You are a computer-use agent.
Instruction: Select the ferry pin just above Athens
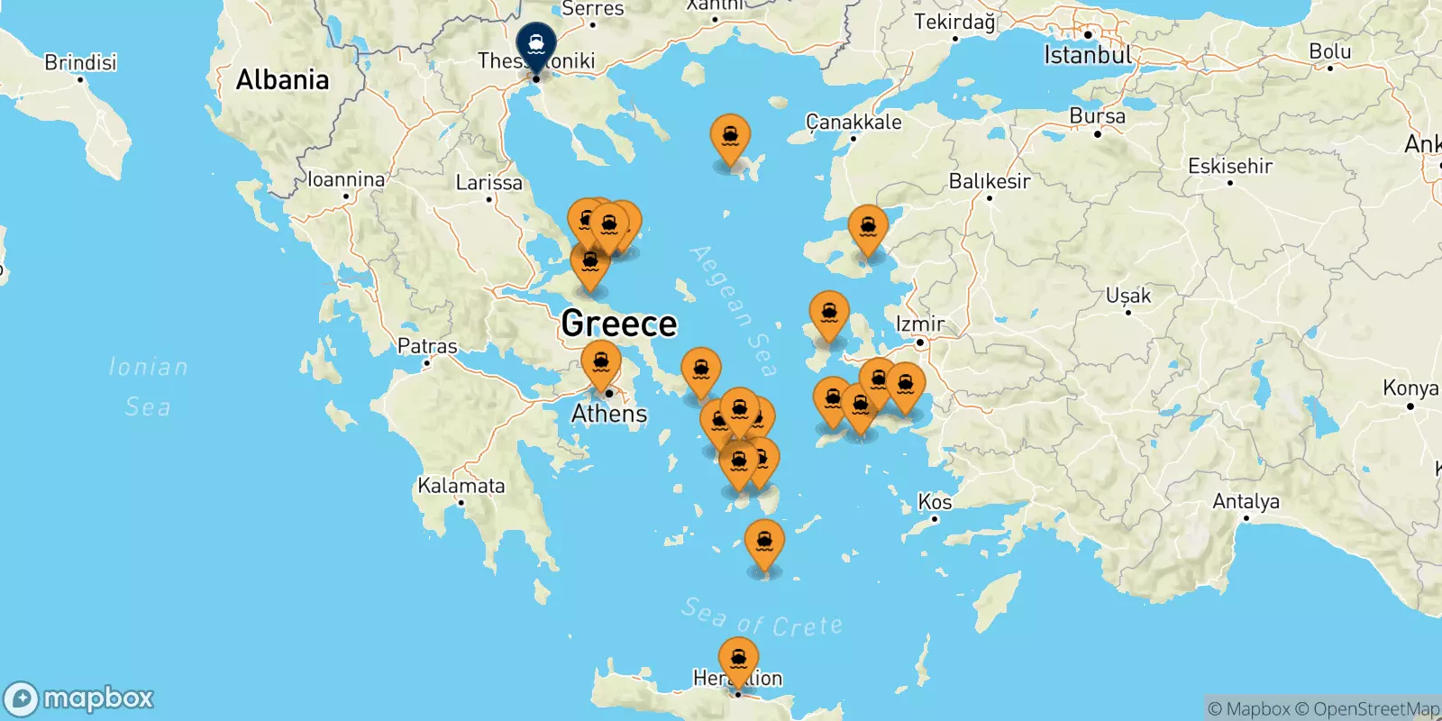[x=601, y=363]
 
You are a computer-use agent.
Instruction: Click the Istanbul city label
[x=1087, y=55]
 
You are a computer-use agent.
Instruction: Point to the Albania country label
[x=282, y=80]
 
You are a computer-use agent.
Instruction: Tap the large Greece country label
[x=618, y=324]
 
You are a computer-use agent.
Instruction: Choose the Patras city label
[x=427, y=346]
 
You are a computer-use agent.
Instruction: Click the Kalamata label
[x=461, y=486]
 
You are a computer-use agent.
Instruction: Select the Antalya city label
[x=1246, y=501]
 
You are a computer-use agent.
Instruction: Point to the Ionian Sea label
[x=148, y=387]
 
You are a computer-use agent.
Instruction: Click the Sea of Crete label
[x=762, y=618]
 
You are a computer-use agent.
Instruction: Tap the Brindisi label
[x=80, y=62]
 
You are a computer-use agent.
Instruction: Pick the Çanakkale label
[x=853, y=122]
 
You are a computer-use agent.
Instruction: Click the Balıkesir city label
[x=989, y=181]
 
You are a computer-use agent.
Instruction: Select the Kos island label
[x=935, y=502]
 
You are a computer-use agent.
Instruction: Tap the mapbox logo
[x=79, y=698]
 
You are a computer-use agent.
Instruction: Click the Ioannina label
[x=346, y=179]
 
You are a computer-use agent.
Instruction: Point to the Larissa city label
[x=488, y=183]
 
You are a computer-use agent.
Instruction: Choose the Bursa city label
[x=1097, y=116]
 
